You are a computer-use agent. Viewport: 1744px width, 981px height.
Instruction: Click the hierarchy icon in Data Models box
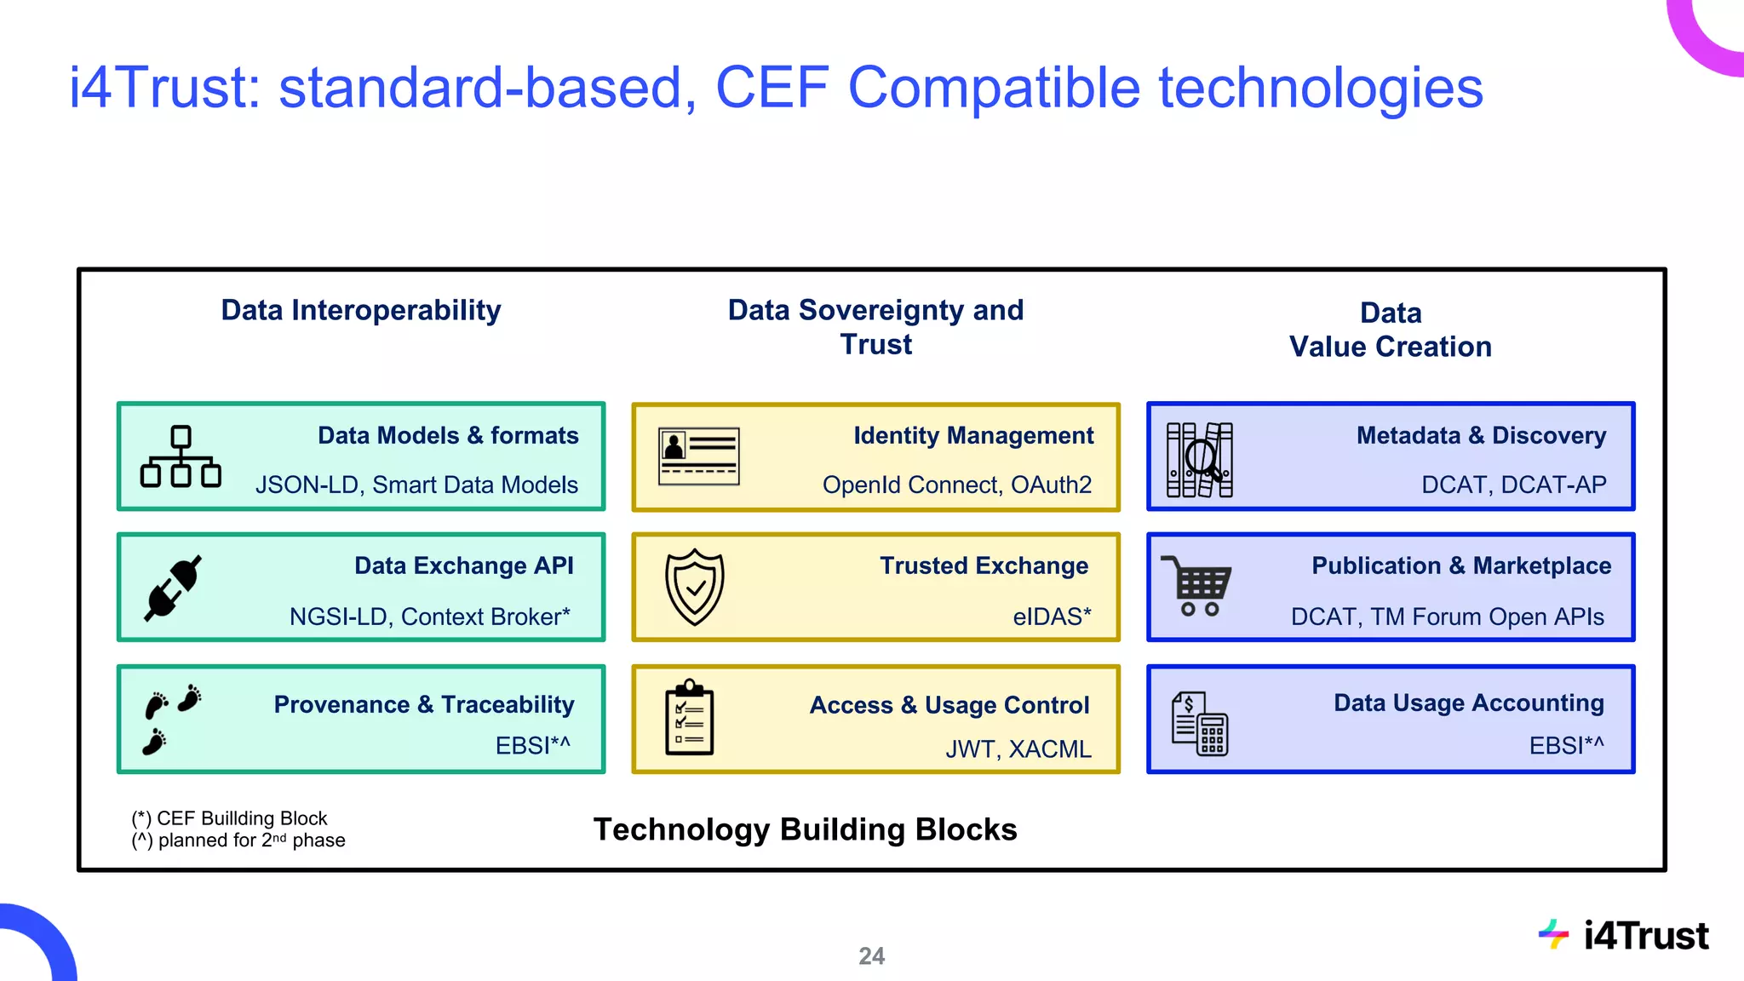(181, 457)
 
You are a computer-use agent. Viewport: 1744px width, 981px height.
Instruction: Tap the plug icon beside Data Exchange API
(173, 588)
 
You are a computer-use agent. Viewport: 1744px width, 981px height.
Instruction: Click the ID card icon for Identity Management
(699, 457)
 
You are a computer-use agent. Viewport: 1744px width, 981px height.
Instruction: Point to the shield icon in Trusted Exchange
(695, 588)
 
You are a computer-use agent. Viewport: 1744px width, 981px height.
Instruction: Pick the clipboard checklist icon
(689, 719)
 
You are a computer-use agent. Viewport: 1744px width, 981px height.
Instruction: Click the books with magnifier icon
(1199, 460)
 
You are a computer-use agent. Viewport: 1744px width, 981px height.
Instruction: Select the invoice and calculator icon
(1199, 724)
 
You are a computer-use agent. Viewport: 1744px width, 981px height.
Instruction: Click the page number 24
(871, 956)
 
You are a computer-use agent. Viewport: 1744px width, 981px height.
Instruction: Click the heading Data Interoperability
(361, 310)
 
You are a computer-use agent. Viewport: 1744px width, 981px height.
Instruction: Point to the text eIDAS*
(1052, 617)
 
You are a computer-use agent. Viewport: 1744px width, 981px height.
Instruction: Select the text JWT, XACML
(1018, 749)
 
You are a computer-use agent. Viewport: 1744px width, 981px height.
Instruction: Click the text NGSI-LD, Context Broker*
(429, 617)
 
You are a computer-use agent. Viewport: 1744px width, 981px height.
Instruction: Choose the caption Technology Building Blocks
(805, 829)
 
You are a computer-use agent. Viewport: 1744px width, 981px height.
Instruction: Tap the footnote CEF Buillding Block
(230, 818)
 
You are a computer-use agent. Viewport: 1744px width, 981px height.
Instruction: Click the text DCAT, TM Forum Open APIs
(1447, 617)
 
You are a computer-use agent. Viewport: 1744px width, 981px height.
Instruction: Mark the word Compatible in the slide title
(994, 88)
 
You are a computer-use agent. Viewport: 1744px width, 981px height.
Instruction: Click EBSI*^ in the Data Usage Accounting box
(1566, 746)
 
